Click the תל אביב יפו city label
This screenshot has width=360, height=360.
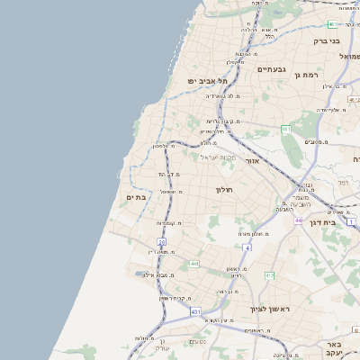pos(205,81)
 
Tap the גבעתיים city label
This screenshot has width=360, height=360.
pos(271,69)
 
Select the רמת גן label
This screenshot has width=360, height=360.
pos(308,75)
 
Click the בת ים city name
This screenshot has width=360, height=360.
pos(136,197)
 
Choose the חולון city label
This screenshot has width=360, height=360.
pos(224,190)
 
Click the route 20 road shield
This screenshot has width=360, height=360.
pos(162,242)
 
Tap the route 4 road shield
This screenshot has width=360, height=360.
pos(247,247)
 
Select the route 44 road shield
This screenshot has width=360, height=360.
pos(297,219)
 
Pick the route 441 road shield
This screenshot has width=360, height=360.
pos(194,264)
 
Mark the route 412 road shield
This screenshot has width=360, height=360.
pos(269,274)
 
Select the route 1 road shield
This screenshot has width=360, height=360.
pos(352,220)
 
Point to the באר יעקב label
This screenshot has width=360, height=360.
pos(335,347)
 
